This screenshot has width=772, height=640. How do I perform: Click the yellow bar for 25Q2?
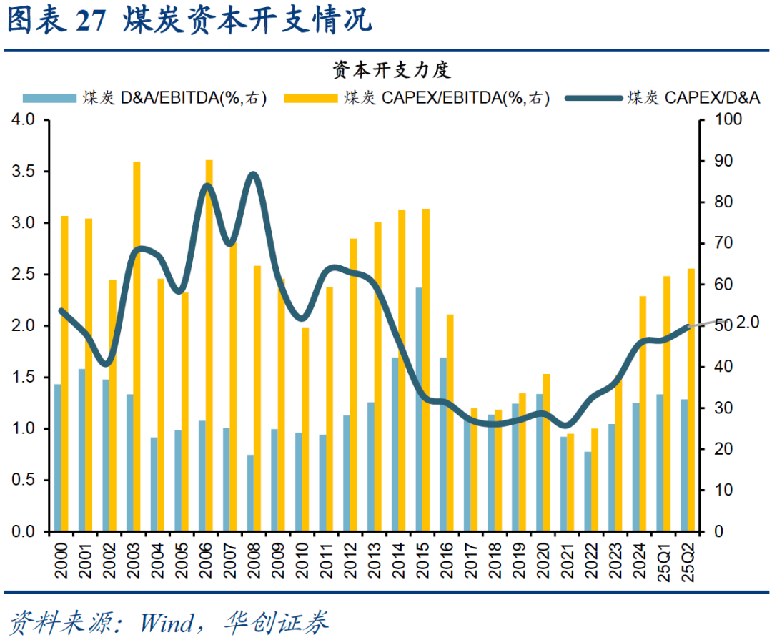691,400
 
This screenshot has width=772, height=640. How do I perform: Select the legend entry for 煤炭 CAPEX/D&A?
693,98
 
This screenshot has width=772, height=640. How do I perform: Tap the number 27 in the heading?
91,21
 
